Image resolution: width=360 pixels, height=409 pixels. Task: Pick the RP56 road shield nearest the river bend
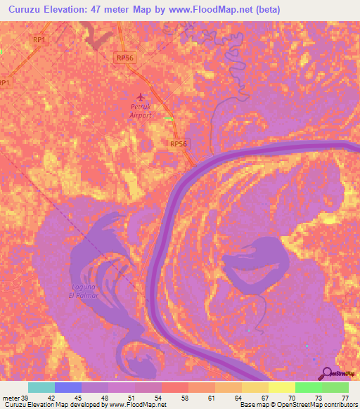179,143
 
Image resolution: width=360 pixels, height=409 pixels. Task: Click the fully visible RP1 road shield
39,40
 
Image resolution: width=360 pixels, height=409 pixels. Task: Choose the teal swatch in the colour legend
41,388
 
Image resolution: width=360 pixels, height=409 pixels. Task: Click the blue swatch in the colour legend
68,388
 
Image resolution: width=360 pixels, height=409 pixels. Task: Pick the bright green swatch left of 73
308,388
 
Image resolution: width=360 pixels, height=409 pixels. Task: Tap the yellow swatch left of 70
281,388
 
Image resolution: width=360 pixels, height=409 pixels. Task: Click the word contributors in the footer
340,405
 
